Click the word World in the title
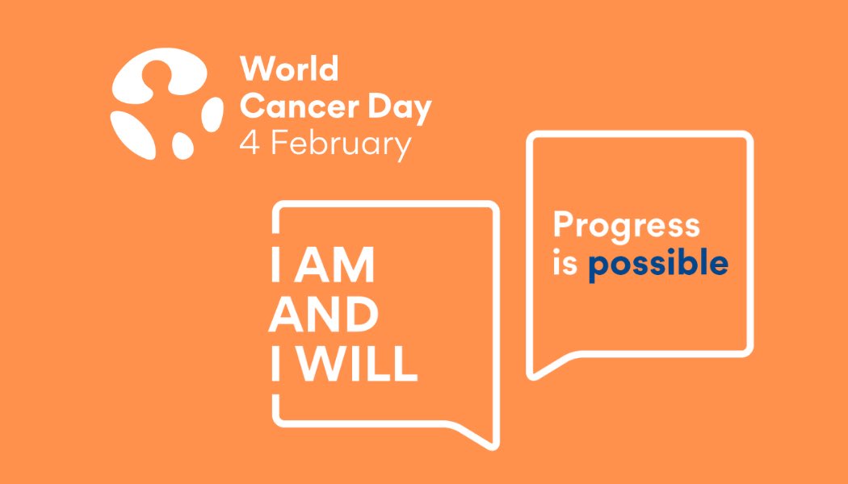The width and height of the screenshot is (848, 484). (x=289, y=69)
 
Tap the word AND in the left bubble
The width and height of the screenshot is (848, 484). (x=323, y=316)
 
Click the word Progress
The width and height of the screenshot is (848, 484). (x=626, y=227)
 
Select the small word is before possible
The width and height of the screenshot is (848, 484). (x=565, y=263)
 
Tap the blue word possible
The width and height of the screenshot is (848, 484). (x=657, y=265)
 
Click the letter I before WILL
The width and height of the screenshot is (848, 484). (x=276, y=365)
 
